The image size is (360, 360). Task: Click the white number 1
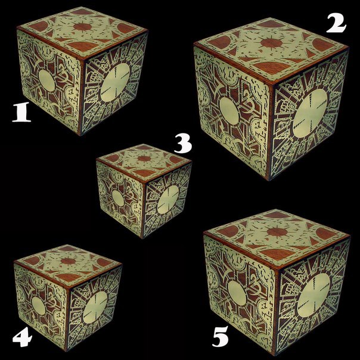[21, 112]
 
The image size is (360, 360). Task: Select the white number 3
[183, 144]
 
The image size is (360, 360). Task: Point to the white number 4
[22, 337]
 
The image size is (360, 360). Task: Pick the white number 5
[221, 336]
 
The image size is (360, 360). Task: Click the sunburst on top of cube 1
[83, 27]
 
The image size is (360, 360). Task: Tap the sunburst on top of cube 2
[271, 43]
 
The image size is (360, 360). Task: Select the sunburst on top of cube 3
[144, 159]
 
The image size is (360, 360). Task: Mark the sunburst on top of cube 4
[68, 261]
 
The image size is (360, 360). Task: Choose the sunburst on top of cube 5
[277, 232]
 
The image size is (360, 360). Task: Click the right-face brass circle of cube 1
[115, 82]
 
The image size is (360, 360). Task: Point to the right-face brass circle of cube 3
[168, 200]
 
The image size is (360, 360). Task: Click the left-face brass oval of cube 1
[46, 80]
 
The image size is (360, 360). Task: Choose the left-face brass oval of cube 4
[39, 306]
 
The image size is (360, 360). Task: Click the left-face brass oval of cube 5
[237, 293]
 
